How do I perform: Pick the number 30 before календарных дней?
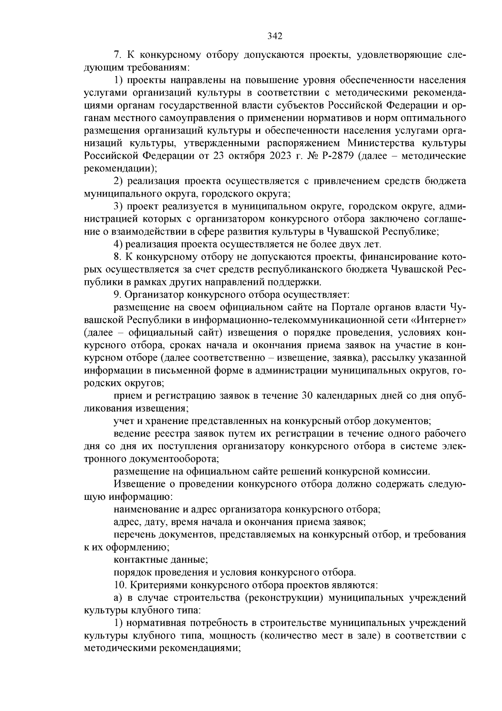click(x=306, y=396)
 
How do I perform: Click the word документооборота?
click(x=176, y=458)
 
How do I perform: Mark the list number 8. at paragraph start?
click(x=118, y=256)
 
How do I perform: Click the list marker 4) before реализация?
click(x=118, y=244)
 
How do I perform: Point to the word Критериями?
click(x=161, y=584)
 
